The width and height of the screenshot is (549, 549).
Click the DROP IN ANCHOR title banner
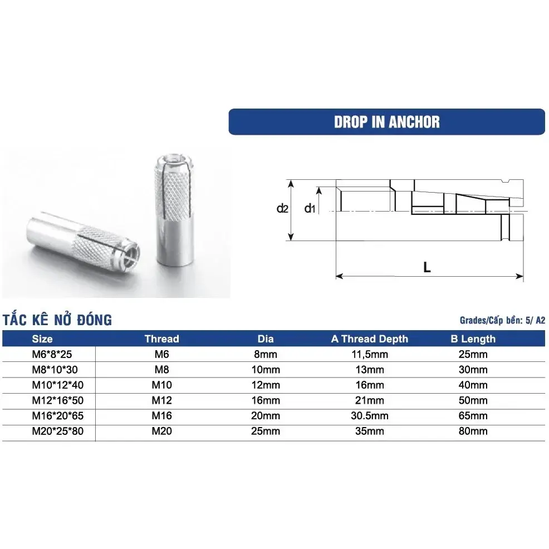[386, 122]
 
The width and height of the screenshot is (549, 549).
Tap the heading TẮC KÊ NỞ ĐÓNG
[57, 320]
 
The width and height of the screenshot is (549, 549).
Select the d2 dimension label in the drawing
[283, 209]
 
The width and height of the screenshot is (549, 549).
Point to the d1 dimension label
[310, 209]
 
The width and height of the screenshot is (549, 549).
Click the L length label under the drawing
[427, 267]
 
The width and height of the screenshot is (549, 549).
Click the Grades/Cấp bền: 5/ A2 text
[502, 321]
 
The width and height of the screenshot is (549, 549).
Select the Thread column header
[161, 339]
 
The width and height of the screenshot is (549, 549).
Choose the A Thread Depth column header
[369, 339]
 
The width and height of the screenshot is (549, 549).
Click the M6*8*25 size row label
[50, 354]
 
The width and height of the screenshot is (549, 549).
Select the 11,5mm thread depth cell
[369, 354]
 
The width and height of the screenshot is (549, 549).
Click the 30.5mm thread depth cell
[369, 416]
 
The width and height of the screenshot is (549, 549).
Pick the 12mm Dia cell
[266, 385]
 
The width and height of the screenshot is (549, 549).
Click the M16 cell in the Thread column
[161, 416]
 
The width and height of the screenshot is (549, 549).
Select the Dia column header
[266, 339]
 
